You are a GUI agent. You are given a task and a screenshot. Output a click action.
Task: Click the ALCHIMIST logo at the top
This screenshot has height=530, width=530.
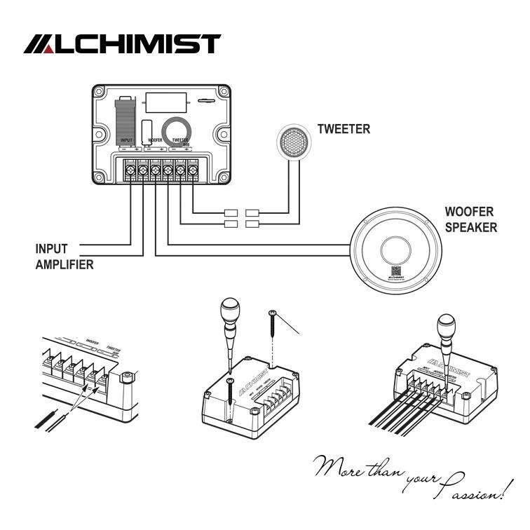click(x=123, y=44)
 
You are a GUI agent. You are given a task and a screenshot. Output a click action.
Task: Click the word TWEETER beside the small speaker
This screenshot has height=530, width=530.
click(x=344, y=129)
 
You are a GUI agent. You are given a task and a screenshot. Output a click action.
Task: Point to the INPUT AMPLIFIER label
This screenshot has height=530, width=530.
click(x=64, y=256)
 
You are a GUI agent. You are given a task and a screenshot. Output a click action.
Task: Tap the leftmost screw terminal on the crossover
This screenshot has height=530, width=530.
click(x=130, y=169)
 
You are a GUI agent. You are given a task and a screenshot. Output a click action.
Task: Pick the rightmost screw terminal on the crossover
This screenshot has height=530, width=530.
click(x=193, y=169)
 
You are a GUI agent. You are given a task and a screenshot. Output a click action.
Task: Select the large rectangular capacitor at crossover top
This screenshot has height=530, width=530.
click(x=167, y=102)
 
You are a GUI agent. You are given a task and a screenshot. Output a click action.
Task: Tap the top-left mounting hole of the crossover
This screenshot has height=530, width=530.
click(x=100, y=93)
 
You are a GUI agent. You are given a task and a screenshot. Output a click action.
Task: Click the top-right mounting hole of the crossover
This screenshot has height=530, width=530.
click(x=224, y=93)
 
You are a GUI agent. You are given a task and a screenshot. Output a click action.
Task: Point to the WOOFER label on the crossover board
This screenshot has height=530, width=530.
click(x=156, y=140)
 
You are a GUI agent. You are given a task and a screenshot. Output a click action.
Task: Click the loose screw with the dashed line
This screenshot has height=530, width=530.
click(x=273, y=329)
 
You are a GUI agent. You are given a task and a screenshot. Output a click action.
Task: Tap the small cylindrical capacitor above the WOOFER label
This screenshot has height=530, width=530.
click(x=147, y=129)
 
